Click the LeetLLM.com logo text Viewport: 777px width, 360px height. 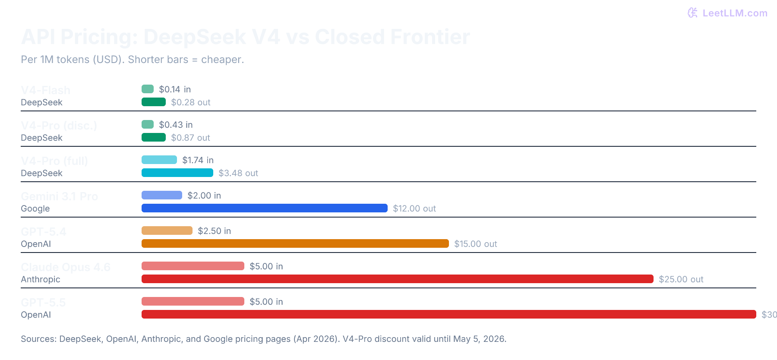point(734,13)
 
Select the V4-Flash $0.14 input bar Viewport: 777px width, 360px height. point(148,89)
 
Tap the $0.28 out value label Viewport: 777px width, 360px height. point(190,102)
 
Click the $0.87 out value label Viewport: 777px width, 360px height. point(190,138)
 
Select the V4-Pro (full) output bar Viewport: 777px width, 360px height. point(177,173)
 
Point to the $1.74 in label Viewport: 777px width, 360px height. point(198,160)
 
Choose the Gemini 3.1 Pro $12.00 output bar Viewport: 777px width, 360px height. point(264,208)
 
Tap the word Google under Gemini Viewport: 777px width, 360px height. point(35,208)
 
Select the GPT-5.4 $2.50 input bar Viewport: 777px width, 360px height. point(167,231)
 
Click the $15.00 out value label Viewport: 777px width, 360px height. point(475,244)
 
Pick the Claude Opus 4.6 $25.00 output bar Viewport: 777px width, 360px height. point(397,279)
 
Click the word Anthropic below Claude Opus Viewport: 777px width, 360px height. point(41,279)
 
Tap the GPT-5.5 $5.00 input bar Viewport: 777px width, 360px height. point(193,301)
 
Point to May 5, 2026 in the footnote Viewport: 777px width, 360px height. point(479,339)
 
